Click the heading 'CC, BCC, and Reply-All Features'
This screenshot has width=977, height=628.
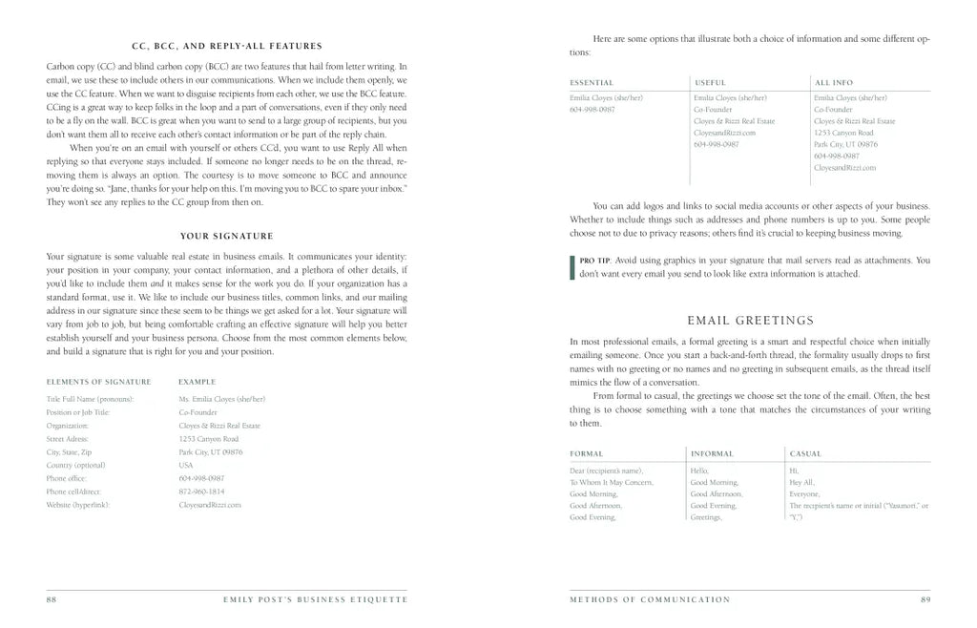click(x=226, y=46)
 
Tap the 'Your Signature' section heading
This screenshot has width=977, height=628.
click(x=226, y=236)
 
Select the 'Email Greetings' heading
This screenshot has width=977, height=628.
click(x=750, y=320)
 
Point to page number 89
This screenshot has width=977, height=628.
click(x=925, y=599)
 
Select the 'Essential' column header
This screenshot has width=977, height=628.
click(x=592, y=83)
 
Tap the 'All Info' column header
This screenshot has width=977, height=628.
click(x=833, y=83)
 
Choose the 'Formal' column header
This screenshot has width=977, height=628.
click(x=586, y=453)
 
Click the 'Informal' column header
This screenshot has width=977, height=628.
click(x=712, y=453)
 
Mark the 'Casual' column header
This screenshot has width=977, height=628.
click(x=805, y=453)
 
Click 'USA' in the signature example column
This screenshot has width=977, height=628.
click(x=185, y=465)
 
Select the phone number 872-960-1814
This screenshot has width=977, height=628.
click(x=201, y=492)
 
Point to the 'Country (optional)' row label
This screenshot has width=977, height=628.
click(x=75, y=465)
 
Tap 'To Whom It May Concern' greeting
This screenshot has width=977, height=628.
click(x=612, y=483)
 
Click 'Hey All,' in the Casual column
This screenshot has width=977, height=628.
click(x=801, y=483)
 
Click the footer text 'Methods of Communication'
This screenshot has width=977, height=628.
click(x=650, y=599)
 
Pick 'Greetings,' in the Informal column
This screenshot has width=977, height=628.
click(x=706, y=517)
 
